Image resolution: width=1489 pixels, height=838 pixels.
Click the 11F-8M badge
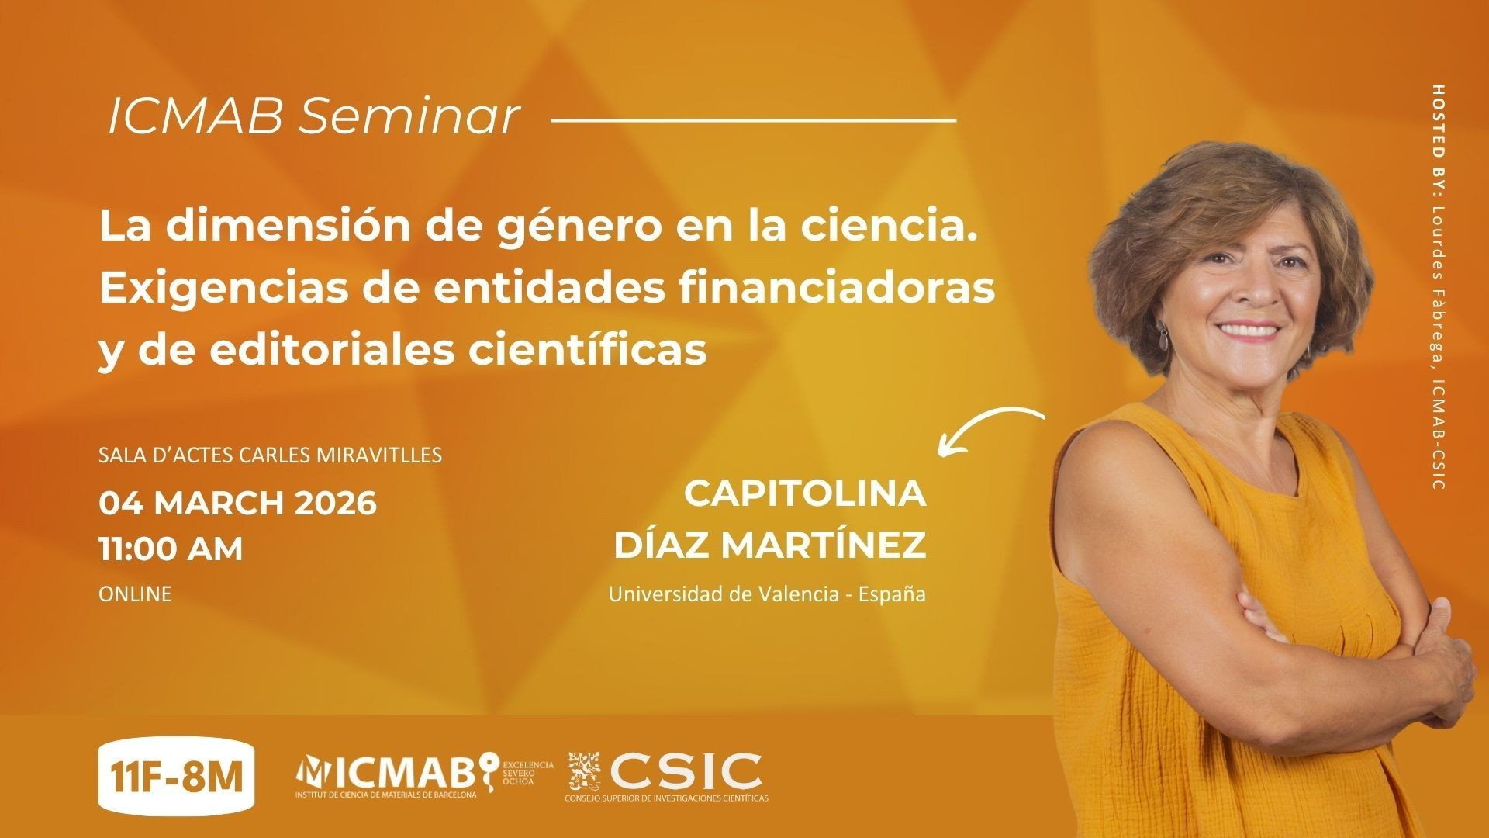(x=177, y=775)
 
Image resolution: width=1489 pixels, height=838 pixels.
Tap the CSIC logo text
(x=685, y=770)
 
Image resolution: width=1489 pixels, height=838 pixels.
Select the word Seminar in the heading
(x=409, y=117)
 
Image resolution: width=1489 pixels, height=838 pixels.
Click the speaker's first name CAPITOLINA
(x=805, y=493)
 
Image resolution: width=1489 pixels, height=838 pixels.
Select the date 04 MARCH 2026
(x=237, y=504)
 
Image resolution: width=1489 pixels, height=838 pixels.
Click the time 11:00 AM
(x=171, y=549)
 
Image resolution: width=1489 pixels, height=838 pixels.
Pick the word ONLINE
(x=135, y=594)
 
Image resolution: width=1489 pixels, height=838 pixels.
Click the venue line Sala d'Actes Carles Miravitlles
(x=271, y=455)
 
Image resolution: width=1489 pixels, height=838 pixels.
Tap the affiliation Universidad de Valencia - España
(x=767, y=595)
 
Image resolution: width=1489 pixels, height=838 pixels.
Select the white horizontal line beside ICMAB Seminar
(x=753, y=121)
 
